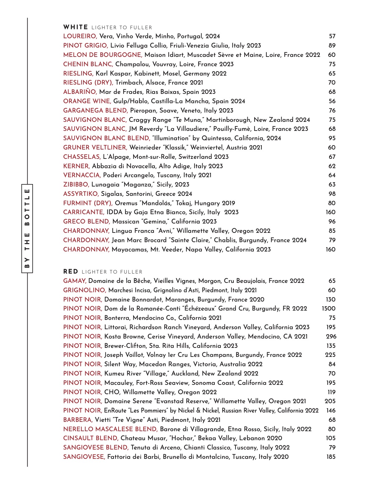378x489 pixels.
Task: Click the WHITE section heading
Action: [76, 27]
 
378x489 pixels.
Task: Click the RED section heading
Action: [71, 272]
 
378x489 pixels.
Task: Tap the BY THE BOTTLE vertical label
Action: [27, 228]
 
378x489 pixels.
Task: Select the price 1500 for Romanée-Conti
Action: [329, 309]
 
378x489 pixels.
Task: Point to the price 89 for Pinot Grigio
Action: [332, 46]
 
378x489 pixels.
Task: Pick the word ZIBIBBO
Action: [76, 185]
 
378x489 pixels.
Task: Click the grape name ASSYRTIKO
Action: [81, 194]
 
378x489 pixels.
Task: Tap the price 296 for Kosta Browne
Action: [331, 336]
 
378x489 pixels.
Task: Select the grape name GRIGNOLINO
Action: [85, 290]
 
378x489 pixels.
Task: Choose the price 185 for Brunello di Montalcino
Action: [331, 457]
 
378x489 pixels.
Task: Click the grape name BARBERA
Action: [78, 420]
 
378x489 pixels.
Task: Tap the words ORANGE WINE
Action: [87, 101]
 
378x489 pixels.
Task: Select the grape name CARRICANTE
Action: [84, 212]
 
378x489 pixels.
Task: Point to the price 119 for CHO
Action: [331, 392]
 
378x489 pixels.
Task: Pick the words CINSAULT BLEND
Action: [91, 438]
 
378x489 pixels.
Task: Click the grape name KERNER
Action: [76, 166]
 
